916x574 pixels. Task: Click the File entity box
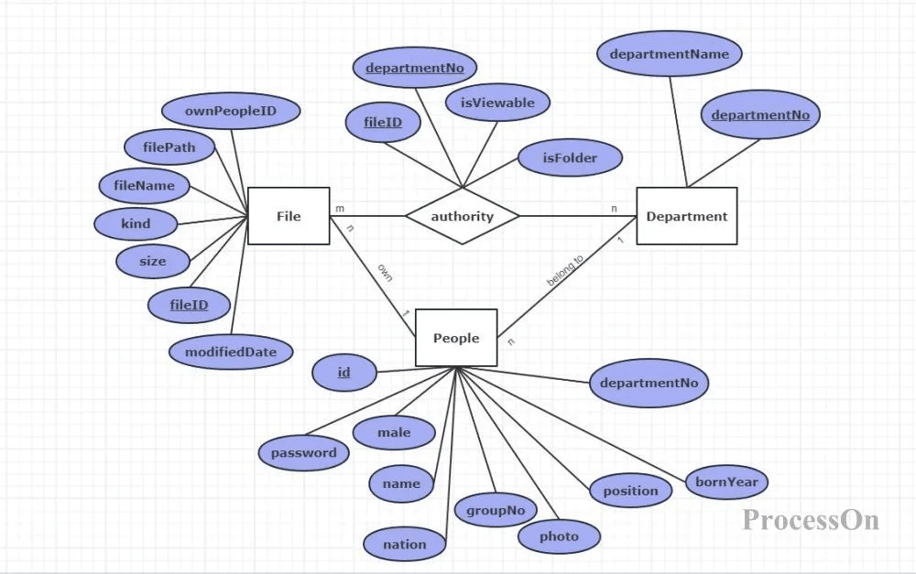tap(289, 216)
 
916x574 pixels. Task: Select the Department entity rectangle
tap(686, 216)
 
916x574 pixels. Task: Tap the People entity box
tap(456, 338)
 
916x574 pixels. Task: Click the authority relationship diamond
tap(462, 217)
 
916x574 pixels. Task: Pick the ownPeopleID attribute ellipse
tap(231, 112)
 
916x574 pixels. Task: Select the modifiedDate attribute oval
tap(231, 352)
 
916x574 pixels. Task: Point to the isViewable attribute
tap(497, 103)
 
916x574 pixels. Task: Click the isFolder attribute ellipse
tap(570, 157)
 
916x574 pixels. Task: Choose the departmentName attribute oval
tap(670, 54)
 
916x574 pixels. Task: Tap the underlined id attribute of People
tap(343, 372)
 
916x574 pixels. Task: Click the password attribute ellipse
tap(303, 452)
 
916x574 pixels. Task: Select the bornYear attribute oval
tap(726, 482)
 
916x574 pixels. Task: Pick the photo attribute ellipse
tap(559, 536)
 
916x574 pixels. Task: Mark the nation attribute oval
tap(404, 544)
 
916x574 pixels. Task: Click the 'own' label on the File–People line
tap(385, 272)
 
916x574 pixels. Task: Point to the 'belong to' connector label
tap(565, 272)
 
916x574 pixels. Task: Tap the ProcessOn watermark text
tap(811, 520)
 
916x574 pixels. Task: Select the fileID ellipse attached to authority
tap(383, 122)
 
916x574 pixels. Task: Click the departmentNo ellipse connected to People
tap(649, 383)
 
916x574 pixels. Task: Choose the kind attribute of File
tap(136, 222)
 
